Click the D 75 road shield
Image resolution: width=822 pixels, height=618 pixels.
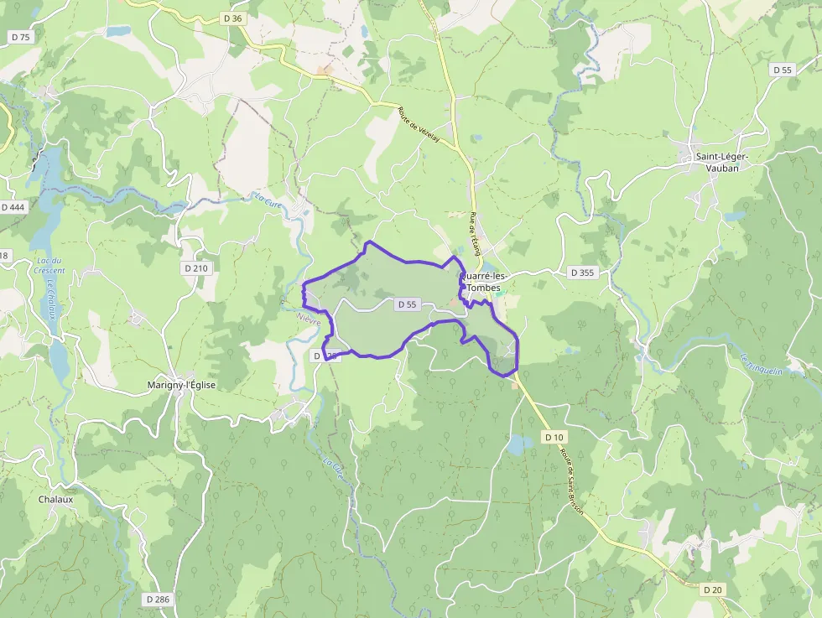point(20,37)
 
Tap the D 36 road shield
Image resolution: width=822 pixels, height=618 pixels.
point(233,18)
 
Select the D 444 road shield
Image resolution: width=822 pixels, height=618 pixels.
point(13,207)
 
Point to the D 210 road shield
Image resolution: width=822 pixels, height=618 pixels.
point(195,268)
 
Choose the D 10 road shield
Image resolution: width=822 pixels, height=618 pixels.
point(554,437)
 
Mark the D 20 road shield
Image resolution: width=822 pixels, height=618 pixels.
point(713,589)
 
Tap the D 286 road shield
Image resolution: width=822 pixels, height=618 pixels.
point(158,600)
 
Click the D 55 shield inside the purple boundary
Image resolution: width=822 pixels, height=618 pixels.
point(407,304)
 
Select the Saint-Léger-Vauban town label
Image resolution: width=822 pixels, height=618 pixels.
point(721,162)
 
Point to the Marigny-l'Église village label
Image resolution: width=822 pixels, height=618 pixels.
point(181,385)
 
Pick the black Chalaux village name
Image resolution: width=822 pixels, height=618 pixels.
point(55,499)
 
